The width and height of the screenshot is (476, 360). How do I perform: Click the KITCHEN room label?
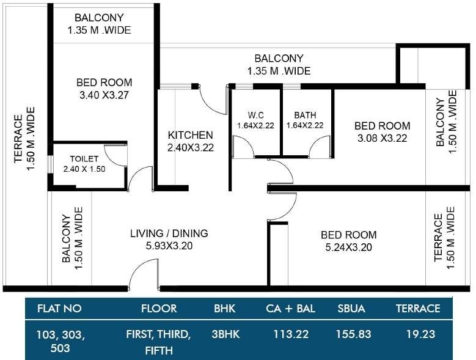(x=191, y=135)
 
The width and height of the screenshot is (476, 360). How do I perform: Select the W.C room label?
(x=255, y=115)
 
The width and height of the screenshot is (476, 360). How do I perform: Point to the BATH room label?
(x=305, y=115)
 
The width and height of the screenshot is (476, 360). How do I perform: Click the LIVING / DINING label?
(x=169, y=233)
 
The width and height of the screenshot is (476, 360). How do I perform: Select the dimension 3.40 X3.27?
(x=104, y=95)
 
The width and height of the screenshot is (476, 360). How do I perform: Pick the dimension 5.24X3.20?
(x=348, y=248)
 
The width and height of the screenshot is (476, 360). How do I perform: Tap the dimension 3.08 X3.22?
(x=382, y=138)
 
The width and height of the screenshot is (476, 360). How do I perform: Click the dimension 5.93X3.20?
(x=169, y=246)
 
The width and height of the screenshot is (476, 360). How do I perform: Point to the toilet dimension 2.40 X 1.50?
(x=84, y=169)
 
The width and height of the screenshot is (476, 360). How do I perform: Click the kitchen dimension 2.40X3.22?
(x=191, y=147)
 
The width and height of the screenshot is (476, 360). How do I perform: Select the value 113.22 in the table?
(x=290, y=334)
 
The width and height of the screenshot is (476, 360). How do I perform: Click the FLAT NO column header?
(x=59, y=309)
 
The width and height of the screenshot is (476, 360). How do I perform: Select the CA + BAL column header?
(x=290, y=309)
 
